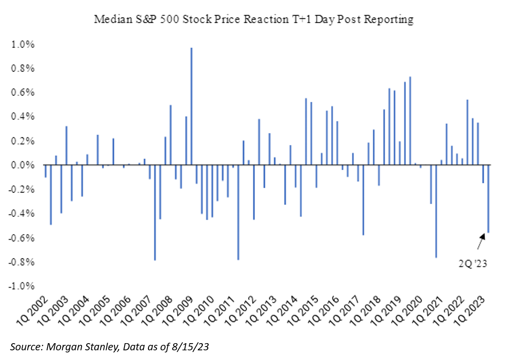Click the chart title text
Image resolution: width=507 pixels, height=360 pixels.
pyautogui.click(x=253, y=19)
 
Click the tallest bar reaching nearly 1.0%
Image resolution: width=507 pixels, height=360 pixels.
pyautogui.click(x=191, y=105)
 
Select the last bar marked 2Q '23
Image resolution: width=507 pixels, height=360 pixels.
pyautogui.click(x=488, y=198)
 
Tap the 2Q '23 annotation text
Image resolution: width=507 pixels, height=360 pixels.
pyautogui.click(x=473, y=264)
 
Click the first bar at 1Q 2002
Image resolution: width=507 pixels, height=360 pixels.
pyautogui.click(x=45, y=171)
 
